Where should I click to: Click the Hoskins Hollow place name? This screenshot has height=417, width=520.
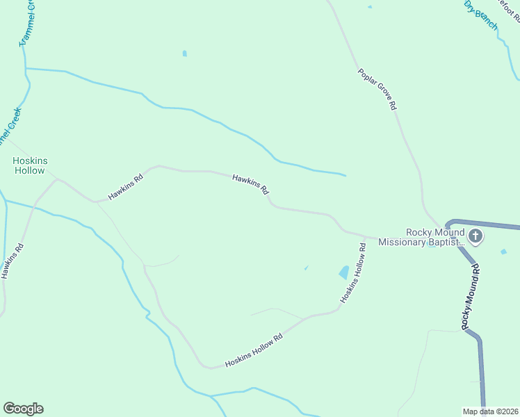click(x=31, y=165)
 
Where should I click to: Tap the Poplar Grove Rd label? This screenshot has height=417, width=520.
click(x=377, y=89)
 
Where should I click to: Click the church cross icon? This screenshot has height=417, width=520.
click(x=476, y=236)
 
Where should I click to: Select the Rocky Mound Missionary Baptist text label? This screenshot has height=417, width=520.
click(x=435, y=237)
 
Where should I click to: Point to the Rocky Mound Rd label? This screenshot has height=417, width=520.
click(x=471, y=296)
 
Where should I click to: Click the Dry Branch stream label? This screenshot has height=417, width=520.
click(x=481, y=15)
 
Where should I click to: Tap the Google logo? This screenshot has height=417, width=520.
click(x=23, y=409)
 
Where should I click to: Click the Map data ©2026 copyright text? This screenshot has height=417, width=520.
click(x=491, y=411)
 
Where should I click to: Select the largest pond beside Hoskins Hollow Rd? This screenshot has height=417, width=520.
click(x=344, y=272)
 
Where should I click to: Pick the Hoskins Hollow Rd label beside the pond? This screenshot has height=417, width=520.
click(x=353, y=272)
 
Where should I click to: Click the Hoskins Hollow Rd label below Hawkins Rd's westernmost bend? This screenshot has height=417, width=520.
click(x=254, y=352)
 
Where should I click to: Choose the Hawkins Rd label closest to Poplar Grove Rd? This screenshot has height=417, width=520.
click(x=251, y=183)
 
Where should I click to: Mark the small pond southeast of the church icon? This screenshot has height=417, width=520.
click(x=504, y=251)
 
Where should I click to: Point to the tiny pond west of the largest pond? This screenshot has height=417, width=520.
click(x=306, y=268)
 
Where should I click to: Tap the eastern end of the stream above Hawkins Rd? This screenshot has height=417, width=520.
click(x=345, y=174)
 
